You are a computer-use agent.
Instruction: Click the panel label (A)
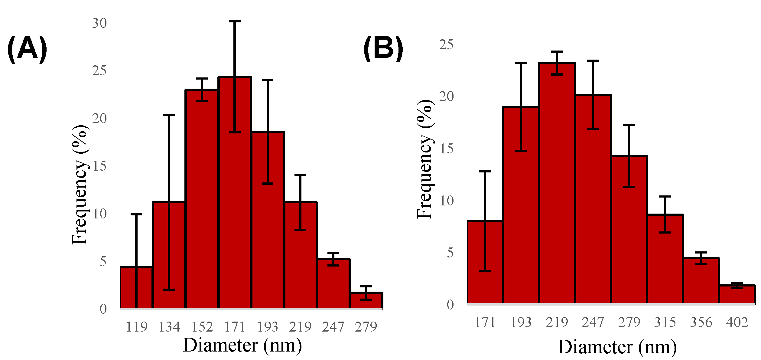click(27, 49)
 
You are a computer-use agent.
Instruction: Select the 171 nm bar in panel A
click(235, 194)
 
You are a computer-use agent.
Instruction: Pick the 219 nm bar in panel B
click(557, 185)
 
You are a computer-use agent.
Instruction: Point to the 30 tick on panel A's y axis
click(99, 23)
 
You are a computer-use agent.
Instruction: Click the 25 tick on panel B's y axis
click(446, 45)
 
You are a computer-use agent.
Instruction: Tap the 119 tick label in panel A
click(137, 327)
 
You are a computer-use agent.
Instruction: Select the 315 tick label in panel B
click(665, 322)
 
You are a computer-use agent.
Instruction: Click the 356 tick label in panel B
click(701, 322)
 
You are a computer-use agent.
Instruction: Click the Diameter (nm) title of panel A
click(242, 345)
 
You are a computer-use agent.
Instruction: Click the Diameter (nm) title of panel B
click(617, 347)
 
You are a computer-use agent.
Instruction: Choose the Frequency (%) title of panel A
click(80, 185)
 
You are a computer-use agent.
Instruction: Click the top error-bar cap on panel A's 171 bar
click(235, 21)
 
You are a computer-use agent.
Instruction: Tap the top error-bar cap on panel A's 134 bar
click(169, 115)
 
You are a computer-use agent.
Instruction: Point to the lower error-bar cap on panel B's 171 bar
click(485, 271)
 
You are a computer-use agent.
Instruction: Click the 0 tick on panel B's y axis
click(450, 305)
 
